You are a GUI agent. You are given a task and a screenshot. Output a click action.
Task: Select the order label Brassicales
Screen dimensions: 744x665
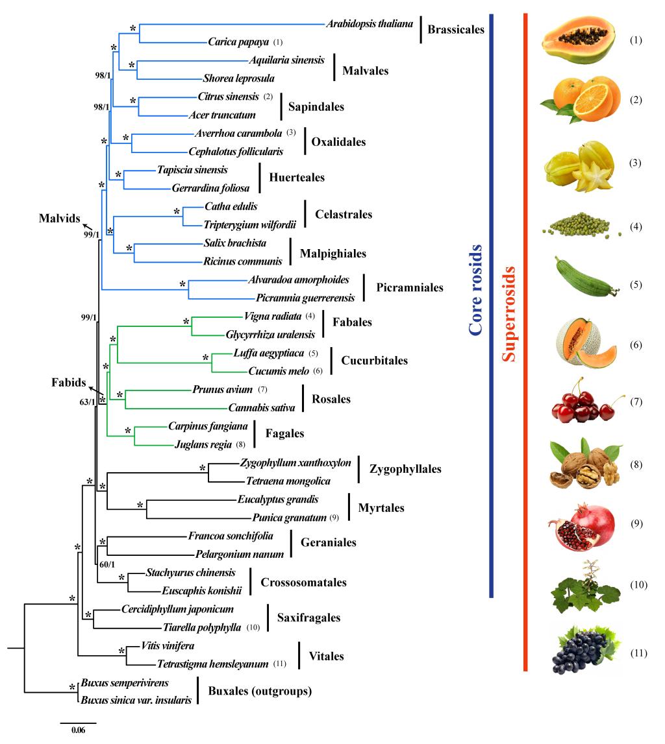[x=456, y=30]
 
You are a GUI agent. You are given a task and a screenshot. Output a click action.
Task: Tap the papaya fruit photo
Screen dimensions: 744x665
[x=578, y=39]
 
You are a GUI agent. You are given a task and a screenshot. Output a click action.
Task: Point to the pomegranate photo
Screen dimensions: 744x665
[x=579, y=524]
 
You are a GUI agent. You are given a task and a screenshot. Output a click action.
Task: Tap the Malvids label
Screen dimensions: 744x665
[x=55, y=218]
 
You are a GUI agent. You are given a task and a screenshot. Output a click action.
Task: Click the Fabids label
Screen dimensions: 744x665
[x=69, y=383]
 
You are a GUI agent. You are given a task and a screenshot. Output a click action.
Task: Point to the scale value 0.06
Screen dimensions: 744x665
[x=78, y=730]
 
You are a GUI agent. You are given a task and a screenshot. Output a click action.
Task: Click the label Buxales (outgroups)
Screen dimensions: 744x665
[x=260, y=691]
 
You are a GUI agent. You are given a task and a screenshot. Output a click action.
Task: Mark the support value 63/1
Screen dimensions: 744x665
[x=88, y=402]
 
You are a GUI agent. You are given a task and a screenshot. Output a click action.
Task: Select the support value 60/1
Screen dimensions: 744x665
[x=108, y=564]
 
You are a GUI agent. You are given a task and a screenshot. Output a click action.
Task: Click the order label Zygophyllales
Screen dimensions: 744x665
[x=405, y=469]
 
